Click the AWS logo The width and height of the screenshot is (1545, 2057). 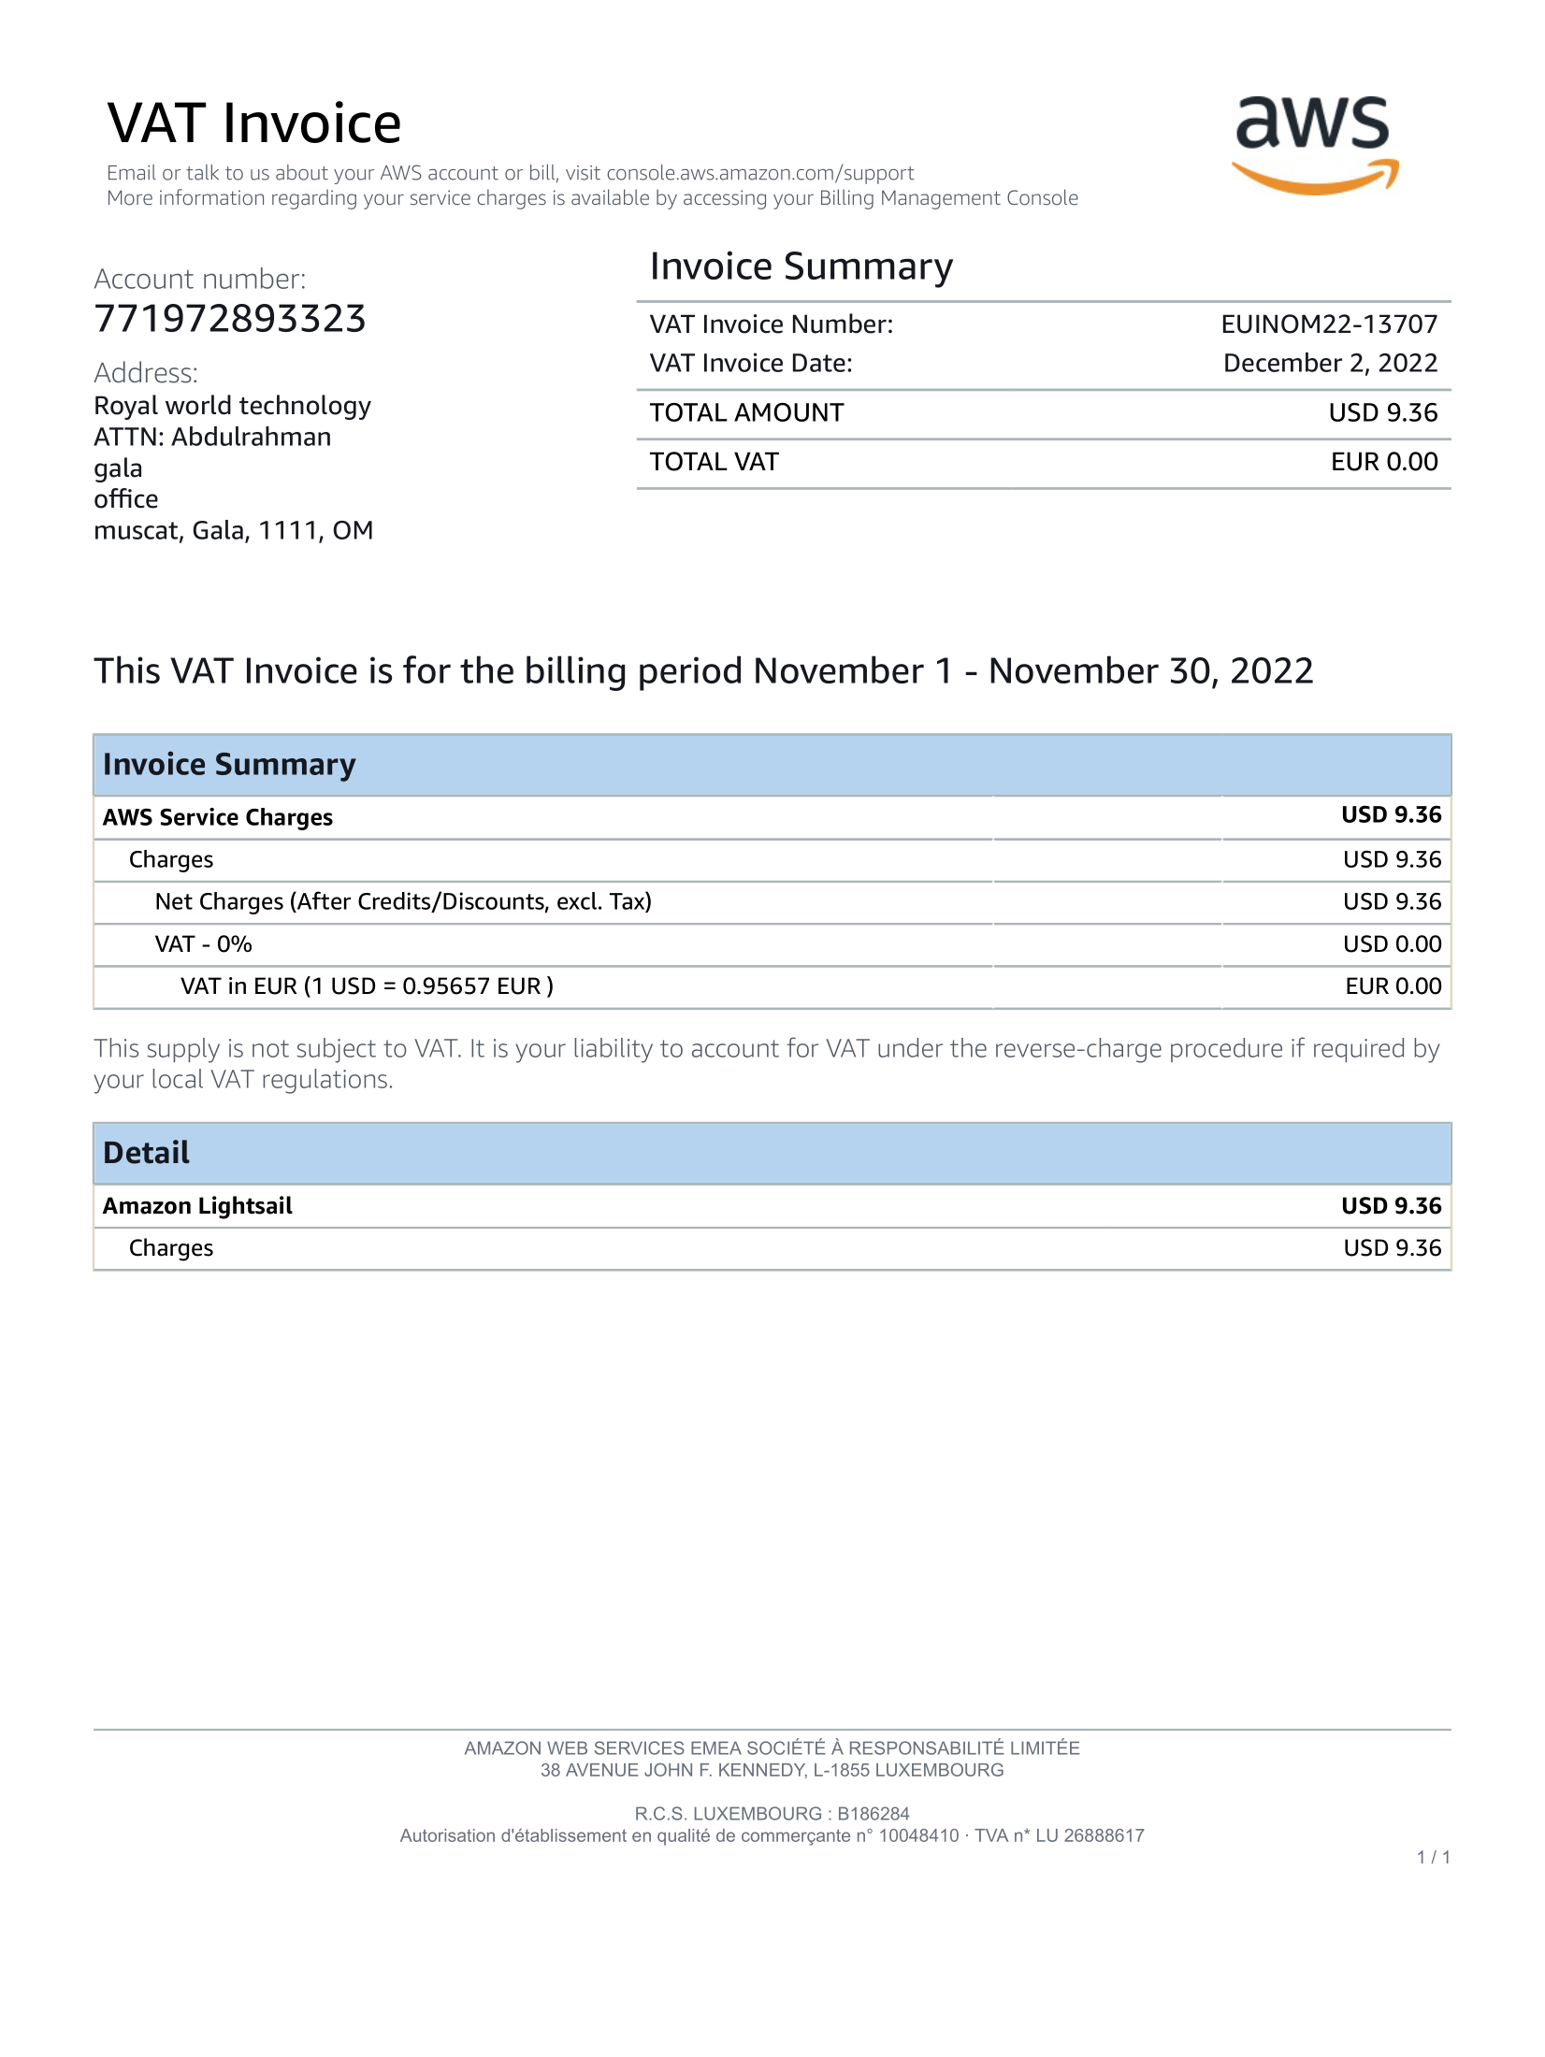pyautogui.click(x=1314, y=145)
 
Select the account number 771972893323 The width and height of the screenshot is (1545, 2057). pyautogui.click(x=230, y=319)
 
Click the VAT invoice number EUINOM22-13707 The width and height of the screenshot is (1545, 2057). pyautogui.click(x=1329, y=324)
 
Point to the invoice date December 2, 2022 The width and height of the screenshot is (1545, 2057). pyautogui.click(x=1330, y=364)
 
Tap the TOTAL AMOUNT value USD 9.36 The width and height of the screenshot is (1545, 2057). pyautogui.click(x=1382, y=413)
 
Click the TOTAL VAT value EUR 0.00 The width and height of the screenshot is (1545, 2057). pyautogui.click(x=1384, y=462)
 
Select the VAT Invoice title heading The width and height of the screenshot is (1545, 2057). pyautogui.click(x=254, y=123)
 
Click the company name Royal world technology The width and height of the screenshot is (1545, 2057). pyautogui.click(x=232, y=406)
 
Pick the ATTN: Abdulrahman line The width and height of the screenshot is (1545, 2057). pyautogui.click(x=212, y=438)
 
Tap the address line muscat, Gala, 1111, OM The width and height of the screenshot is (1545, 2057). pyautogui.click(x=233, y=531)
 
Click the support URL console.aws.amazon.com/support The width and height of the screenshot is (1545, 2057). pyautogui.click(x=759, y=173)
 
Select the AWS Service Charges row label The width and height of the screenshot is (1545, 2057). pyautogui.click(x=218, y=818)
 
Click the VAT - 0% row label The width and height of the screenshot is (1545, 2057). pyautogui.click(x=204, y=944)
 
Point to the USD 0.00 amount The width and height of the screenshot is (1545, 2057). pyautogui.click(x=1392, y=944)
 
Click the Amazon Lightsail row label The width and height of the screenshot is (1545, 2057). pyautogui.click(x=197, y=1206)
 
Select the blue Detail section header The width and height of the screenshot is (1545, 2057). pyautogui.click(x=772, y=1153)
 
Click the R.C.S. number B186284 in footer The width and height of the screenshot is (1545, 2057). pyautogui.click(x=873, y=1814)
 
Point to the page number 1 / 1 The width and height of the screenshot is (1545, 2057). pyautogui.click(x=1433, y=1858)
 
